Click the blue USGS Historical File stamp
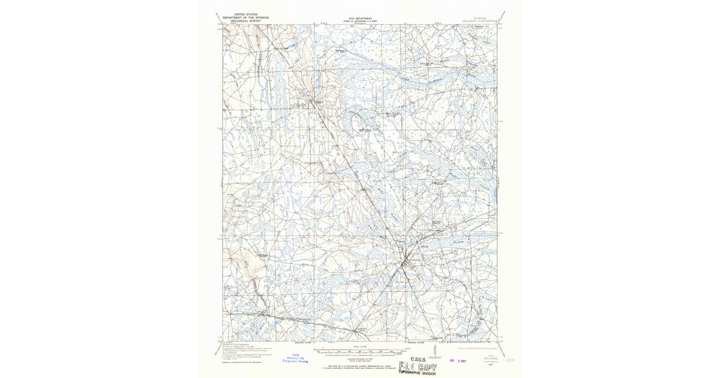coord(295,358)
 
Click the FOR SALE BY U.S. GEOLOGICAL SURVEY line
coord(359,364)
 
